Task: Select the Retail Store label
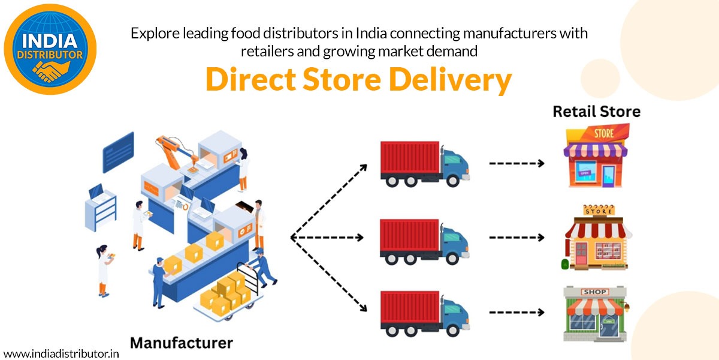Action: click(596, 112)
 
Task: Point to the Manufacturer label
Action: click(181, 343)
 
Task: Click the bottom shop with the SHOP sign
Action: click(595, 313)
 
